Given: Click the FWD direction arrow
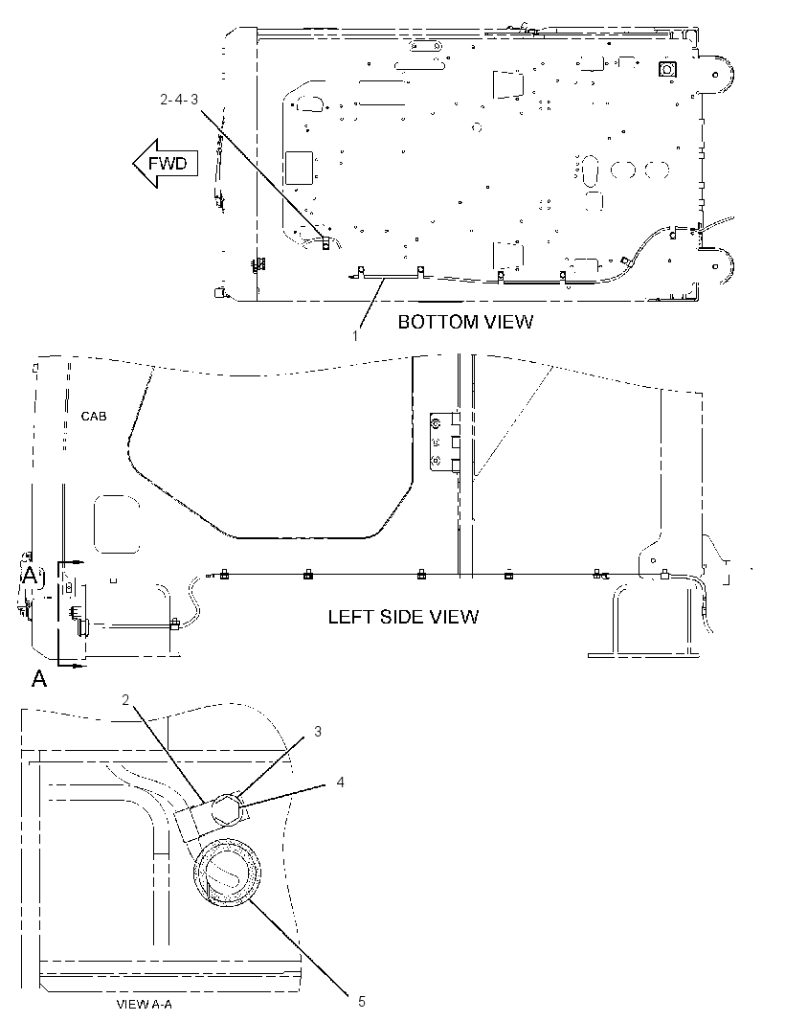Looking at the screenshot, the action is click(164, 163).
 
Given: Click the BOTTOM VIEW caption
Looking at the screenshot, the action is click(465, 322).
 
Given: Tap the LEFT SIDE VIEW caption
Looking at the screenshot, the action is click(403, 617).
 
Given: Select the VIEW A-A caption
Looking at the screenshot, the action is click(144, 1004).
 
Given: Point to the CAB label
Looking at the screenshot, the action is click(94, 416).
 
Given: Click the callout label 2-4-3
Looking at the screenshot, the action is click(179, 100).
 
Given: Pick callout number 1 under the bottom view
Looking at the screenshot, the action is click(355, 336).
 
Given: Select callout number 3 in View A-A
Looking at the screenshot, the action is click(318, 731).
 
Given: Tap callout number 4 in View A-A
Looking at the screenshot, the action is click(340, 782).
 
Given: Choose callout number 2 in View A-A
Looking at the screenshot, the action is click(125, 700).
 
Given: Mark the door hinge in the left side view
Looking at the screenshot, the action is click(445, 442).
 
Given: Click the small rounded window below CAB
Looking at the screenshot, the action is click(117, 525).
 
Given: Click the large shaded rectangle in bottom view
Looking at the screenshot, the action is click(299, 167).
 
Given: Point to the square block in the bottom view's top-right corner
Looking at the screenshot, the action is click(668, 69).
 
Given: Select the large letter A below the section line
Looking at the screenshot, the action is click(39, 679).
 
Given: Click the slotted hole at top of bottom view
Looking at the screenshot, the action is click(424, 46).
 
